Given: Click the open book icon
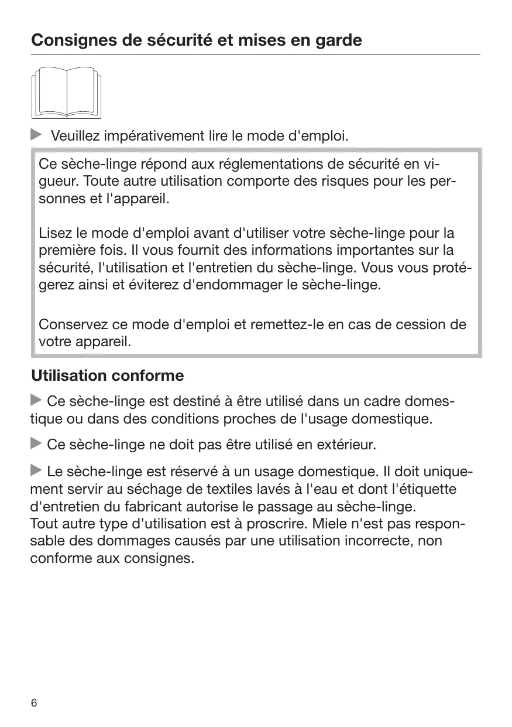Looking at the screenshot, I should [x=67, y=92].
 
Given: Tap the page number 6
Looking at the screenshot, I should [x=34, y=703].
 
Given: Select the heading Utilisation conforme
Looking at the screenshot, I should [x=107, y=375].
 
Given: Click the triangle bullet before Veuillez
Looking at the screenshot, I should [x=37, y=135].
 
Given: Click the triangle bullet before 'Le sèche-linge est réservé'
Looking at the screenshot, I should [x=36, y=470].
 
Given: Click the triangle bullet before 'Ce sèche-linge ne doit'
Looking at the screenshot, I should [x=36, y=444].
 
